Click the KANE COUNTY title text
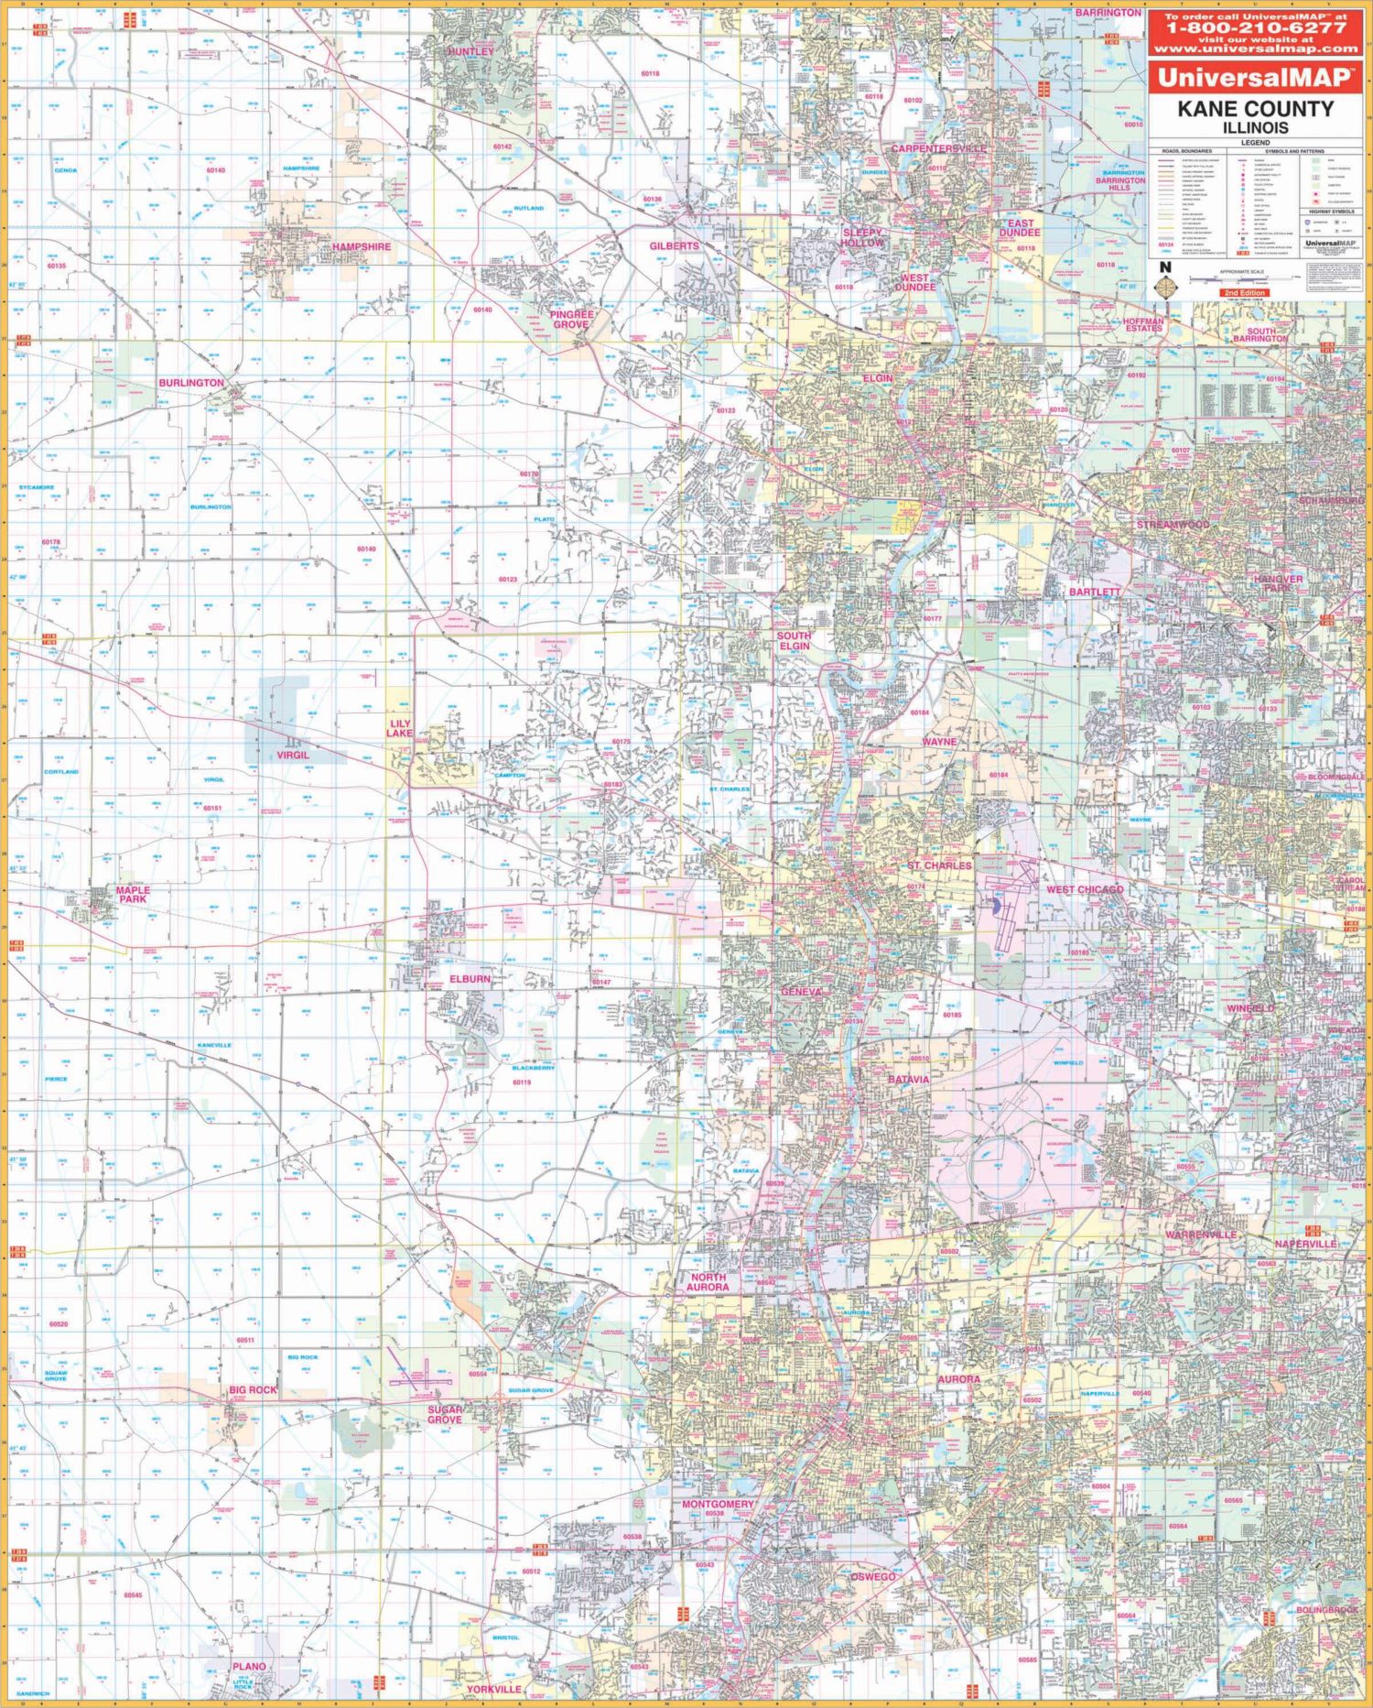(x=1255, y=109)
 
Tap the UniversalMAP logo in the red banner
(x=1254, y=77)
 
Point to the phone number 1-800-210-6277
(x=1255, y=27)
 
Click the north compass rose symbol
(x=1165, y=285)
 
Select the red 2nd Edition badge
(x=1244, y=293)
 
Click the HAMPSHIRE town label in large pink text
(x=361, y=247)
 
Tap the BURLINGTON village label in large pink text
(x=191, y=383)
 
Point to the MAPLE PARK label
(x=133, y=894)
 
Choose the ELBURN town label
(x=470, y=979)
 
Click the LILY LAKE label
(x=399, y=728)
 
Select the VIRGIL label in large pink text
(x=293, y=756)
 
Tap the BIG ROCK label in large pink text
(x=253, y=1390)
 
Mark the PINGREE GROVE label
(x=572, y=319)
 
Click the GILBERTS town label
(x=675, y=246)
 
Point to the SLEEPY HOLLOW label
(x=863, y=238)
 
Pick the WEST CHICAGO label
(x=1085, y=889)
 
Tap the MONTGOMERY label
(x=719, y=1505)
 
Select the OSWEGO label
(x=872, y=1577)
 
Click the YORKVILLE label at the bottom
(x=493, y=1689)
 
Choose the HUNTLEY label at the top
(x=470, y=52)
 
